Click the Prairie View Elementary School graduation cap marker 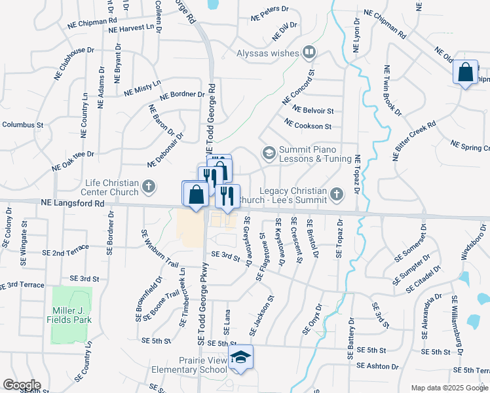click(240, 357)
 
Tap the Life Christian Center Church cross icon click(149, 187)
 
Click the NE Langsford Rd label click(72, 204)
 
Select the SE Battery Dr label click(351, 337)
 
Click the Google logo click(22, 384)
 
